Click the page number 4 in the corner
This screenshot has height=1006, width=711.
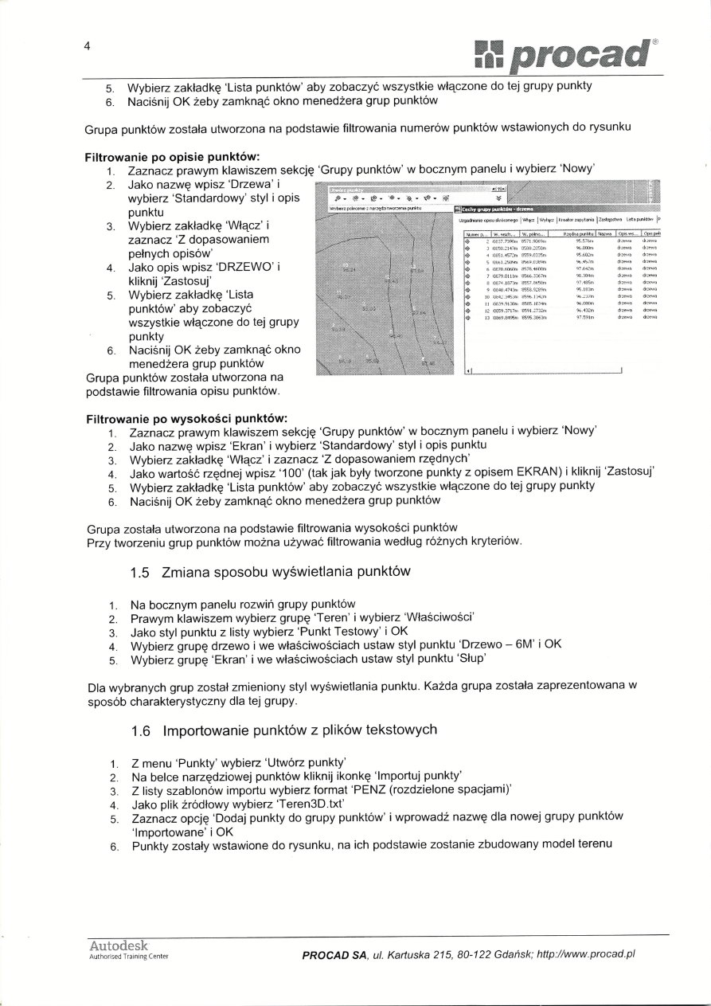coord(88,45)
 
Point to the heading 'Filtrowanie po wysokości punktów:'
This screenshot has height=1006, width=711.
coord(186,418)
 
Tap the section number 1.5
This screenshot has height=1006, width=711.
coord(141,572)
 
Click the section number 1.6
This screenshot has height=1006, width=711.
coord(141,730)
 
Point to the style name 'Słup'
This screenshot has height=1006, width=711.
coord(468,660)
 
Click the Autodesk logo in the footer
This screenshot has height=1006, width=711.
coord(119,946)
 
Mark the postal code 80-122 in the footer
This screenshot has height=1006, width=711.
coord(476,953)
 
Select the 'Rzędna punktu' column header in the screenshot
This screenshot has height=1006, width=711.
coord(572,233)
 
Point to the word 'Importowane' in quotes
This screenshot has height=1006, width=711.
coord(168,831)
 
